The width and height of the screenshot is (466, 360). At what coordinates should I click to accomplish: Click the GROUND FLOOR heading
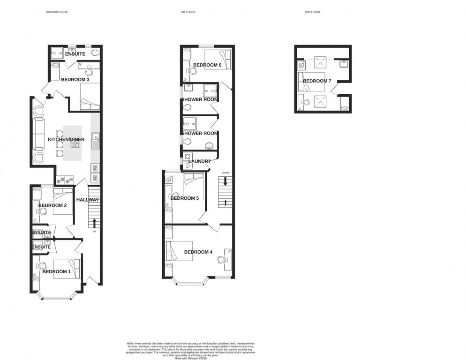(x=57, y=12)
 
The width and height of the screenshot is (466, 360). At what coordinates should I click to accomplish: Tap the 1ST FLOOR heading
(x=188, y=12)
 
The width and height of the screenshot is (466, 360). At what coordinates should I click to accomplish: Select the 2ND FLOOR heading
(x=312, y=12)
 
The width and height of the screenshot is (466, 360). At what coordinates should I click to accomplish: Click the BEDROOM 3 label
(x=75, y=80)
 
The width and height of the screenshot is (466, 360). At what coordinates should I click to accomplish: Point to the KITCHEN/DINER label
(x=66, y=140)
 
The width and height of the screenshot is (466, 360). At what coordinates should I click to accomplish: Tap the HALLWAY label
(x=88, y=200)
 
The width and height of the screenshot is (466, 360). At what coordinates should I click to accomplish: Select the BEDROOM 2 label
(x=53, y=205)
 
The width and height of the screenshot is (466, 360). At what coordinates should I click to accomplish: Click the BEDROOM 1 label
(x=56, y=271)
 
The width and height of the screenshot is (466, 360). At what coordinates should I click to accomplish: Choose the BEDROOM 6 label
(x=207, y=65)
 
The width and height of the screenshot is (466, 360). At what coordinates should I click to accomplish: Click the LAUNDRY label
(x=199, y=161)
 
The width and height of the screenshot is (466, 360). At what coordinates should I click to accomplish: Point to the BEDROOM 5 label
(x=185, y=198)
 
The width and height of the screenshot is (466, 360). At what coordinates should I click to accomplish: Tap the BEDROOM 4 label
(x=198, y=252)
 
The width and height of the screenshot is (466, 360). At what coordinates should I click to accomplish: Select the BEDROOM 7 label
(x=317, y=81)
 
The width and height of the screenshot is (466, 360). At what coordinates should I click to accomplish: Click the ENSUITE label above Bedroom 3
(x=75, y=54)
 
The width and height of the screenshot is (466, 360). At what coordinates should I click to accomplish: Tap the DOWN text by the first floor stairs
(x=225, y=172)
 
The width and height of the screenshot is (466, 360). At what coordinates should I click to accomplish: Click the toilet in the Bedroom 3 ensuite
(x=96, y=53)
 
